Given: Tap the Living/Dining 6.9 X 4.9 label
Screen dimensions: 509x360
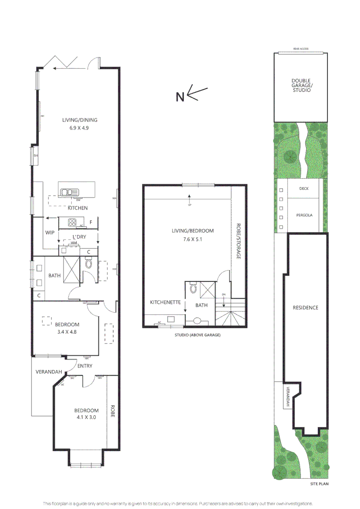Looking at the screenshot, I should [80, 123].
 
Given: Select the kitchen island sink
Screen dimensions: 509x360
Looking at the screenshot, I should [69, 192].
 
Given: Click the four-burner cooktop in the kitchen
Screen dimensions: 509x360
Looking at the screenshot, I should [74, 222].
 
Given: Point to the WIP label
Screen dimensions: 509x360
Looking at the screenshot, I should [50, 233].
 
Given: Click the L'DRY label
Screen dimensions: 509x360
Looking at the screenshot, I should [79, 237].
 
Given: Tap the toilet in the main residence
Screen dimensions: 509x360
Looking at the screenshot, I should [88, 263].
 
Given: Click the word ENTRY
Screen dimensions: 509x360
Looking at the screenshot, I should [85, 366].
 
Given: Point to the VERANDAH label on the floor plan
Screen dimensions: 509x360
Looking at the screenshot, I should [49, 372].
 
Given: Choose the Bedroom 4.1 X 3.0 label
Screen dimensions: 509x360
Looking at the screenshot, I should [86, 413].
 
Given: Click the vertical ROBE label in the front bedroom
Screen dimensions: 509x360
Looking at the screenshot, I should [113, 412].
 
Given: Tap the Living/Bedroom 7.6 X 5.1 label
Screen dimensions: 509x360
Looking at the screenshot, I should [193, 235].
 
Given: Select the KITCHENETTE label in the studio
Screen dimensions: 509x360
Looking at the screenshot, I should [166, 302].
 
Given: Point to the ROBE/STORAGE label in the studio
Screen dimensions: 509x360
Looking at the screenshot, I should [238, 241].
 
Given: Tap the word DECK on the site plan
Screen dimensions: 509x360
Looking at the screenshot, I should [304, 189].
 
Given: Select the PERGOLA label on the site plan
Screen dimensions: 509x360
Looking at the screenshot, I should [304, 215].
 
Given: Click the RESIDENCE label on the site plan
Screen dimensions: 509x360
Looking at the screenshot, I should [305, 308].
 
